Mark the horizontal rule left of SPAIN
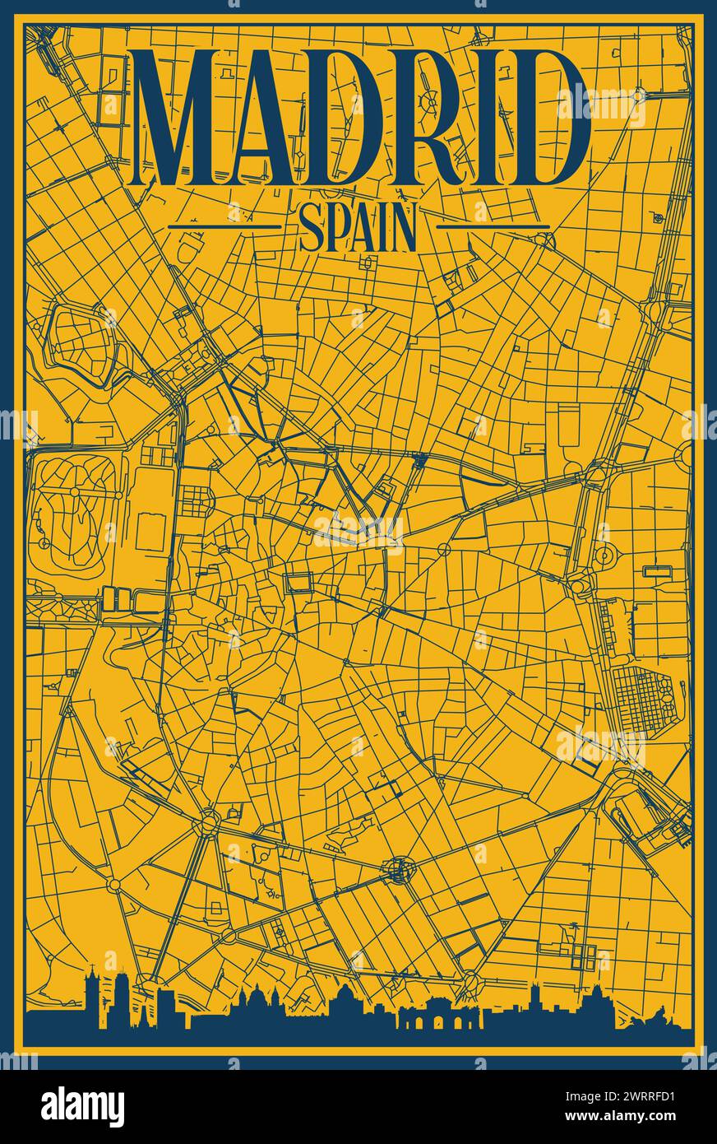click(x=224, y=226)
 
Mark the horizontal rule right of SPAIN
click(x=492, y=226)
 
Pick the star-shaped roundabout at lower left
click(x=209, y=821)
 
